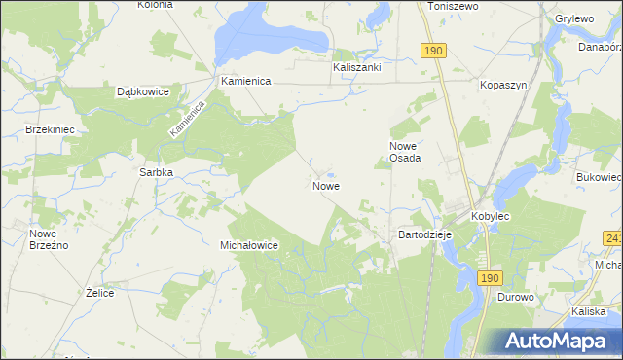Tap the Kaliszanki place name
(x=356, y=68)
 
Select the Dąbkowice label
(x=143, y=91)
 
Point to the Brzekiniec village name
(x=52, y=129)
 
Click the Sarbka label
(x=156, y=172)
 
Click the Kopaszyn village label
(x=503, y=85)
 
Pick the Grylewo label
(x=575, y=18)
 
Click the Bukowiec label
(x=599, y=178)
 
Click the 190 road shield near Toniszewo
(x=434, y=50)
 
